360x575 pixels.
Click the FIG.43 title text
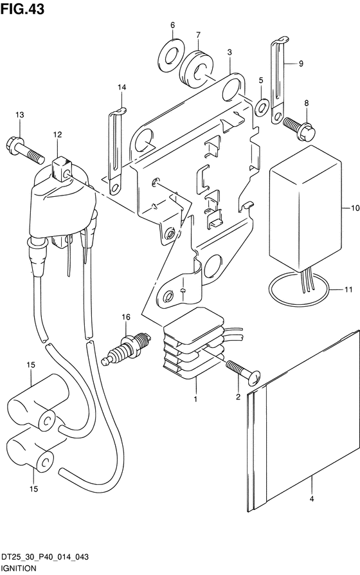pos(22,9)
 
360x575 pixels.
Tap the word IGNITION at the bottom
pos(19,568)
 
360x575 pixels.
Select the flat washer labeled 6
pos(172,56)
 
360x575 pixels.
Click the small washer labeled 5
pos(262,107)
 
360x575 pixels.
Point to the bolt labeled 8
pos(300,129)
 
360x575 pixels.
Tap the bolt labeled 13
pos(25,150)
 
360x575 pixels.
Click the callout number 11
pos(348,289)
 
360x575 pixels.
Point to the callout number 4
pos(312,498)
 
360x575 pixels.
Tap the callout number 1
pos(196,399)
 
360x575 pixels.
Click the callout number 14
pos(122,87)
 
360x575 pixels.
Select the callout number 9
pos(301,64)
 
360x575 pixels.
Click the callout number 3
pos(230,53)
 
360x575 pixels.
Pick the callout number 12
pos(57,135)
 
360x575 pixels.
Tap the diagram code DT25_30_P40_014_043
pos(44,557)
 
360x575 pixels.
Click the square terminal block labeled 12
pos(61,169)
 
